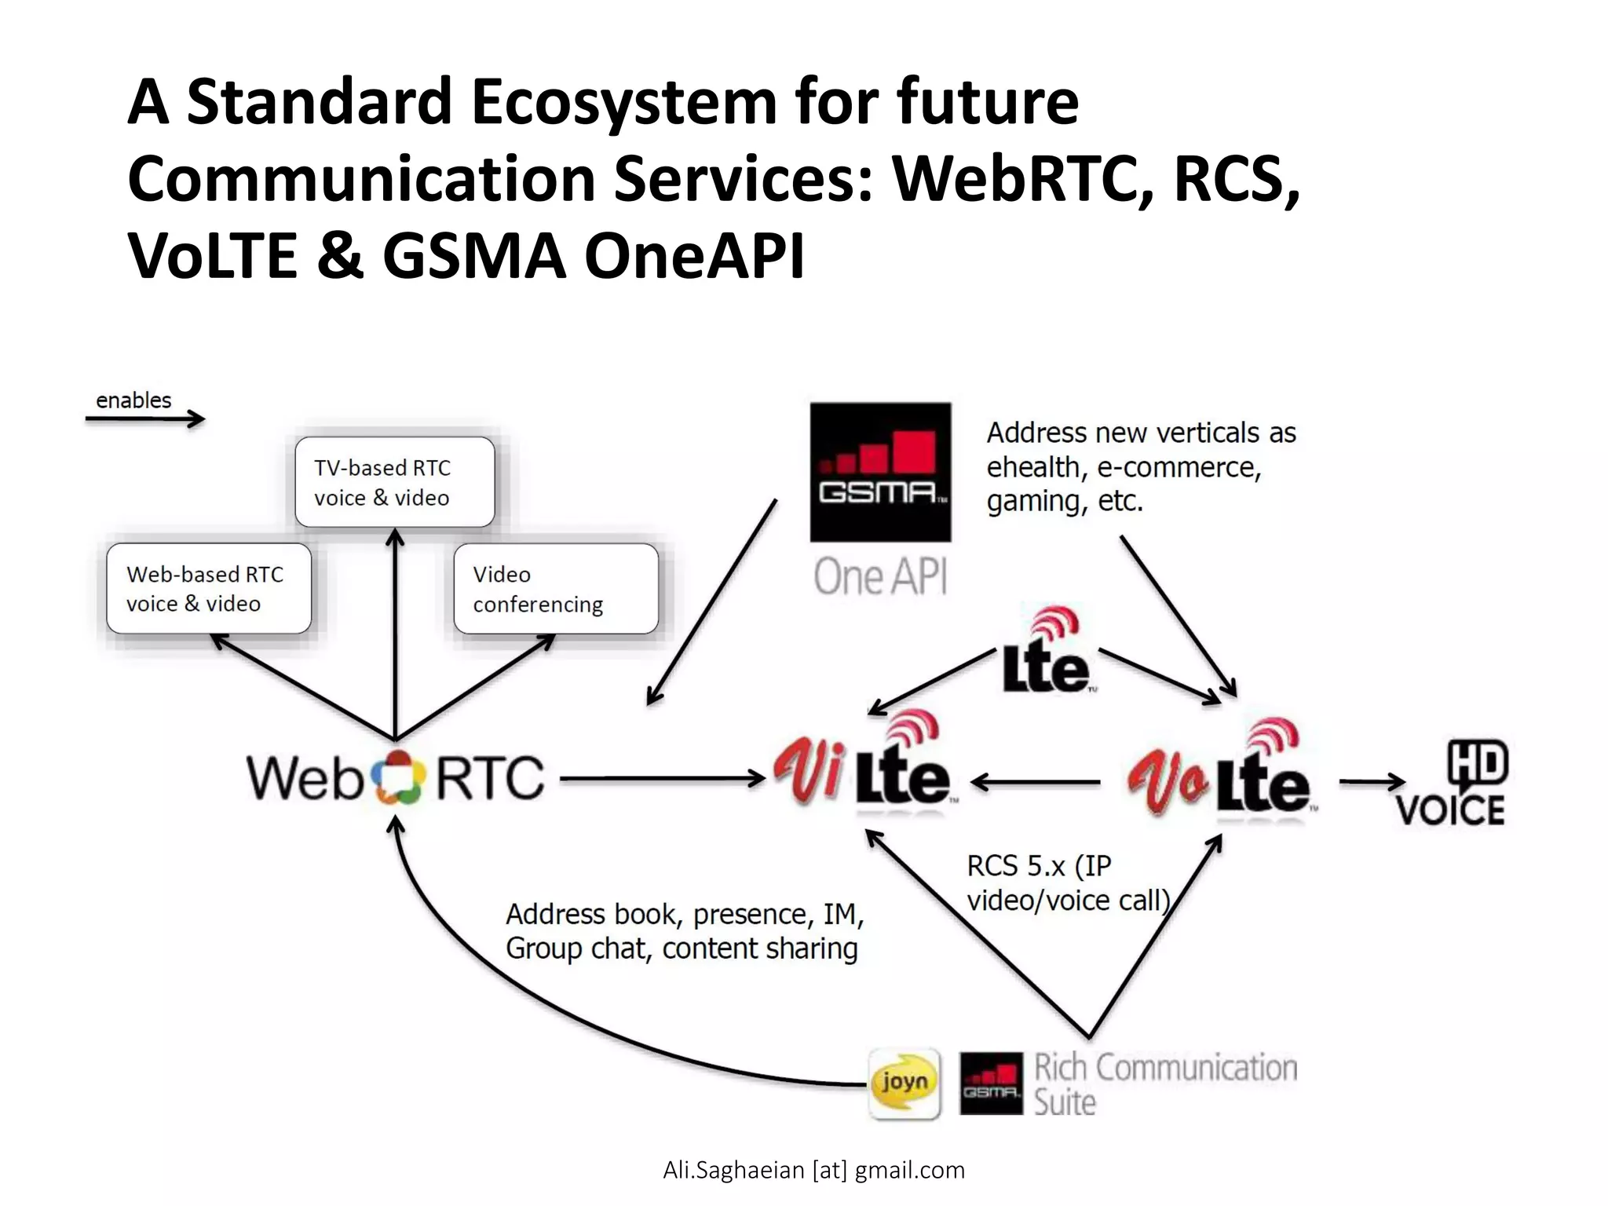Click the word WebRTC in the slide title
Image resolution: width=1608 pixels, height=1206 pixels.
pos(1021,179)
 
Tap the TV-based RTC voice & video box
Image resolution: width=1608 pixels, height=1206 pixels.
pos(394,482)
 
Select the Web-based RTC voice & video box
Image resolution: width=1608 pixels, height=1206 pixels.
pos(209,589)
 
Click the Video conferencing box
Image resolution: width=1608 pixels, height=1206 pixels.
pos(556,589)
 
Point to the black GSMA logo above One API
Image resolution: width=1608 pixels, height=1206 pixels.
pos(880,472)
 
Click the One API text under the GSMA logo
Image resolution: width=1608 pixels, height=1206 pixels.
pos(880,577)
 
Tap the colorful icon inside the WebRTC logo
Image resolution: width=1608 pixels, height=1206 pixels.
pos(398,777)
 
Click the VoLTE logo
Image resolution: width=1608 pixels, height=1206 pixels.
pos(1221,773)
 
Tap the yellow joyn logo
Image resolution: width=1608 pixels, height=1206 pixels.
pos(904,1084)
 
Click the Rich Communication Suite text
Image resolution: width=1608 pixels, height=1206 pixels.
pos(1164,1084)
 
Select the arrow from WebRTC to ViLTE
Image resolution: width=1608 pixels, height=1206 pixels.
pos(661,779)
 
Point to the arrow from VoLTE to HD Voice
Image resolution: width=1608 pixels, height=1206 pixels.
pos(1371,781)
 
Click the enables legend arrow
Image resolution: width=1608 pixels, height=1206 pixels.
pos(144,419)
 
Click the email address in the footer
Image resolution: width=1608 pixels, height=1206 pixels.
pos(813,1170)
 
